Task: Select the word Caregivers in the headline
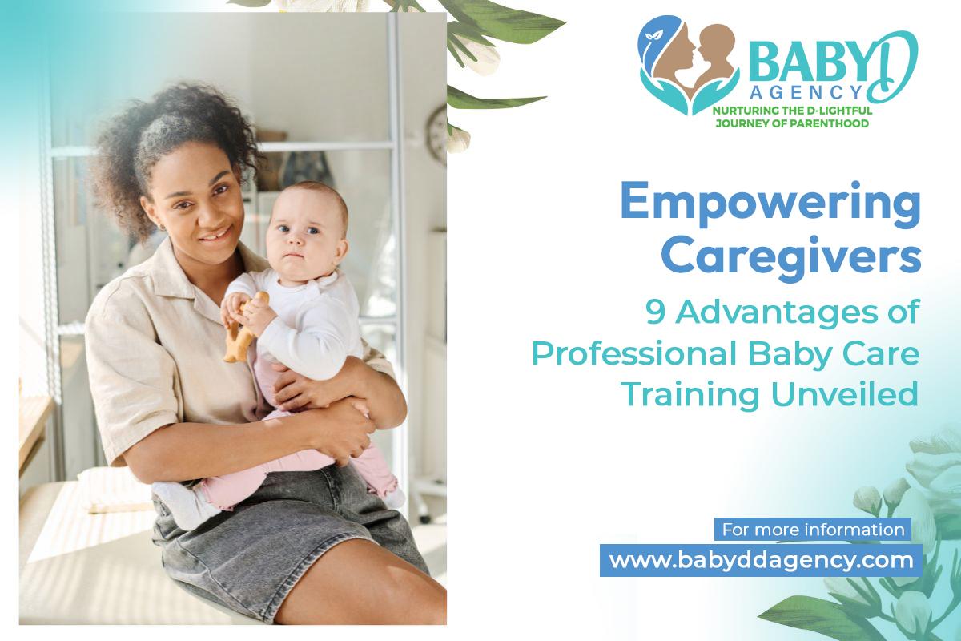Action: pos(791,257)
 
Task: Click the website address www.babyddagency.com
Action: pos(762,561)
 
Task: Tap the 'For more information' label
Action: pos(813,530)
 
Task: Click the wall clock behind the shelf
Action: pos(437,135)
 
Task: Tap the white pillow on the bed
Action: pos(116,490)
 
